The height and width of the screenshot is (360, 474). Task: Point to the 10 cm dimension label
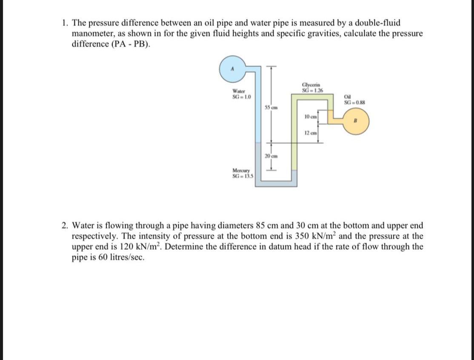311,117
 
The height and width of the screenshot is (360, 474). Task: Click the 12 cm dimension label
311,134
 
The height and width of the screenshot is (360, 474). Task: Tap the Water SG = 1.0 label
241,94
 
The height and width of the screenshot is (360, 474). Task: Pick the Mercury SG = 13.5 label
242,174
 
